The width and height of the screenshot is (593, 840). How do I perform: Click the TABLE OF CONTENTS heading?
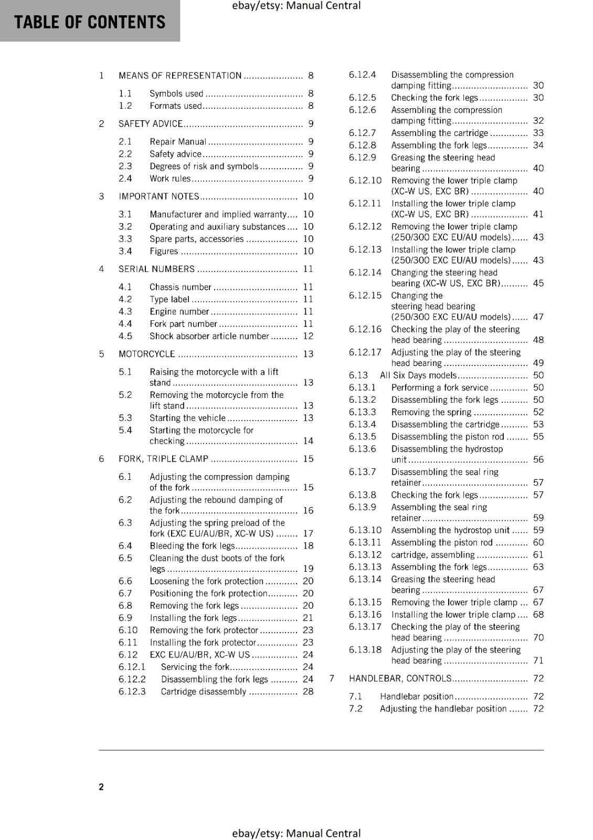pyautogui.click(x=90, y=22)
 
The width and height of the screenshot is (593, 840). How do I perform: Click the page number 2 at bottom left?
pyautogui.click(x=101, y=786)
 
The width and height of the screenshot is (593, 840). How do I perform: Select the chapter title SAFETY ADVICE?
pyautogui.click(x=151, y=124)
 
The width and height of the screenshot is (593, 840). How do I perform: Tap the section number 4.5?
pyautogui.click(x=125, y=336)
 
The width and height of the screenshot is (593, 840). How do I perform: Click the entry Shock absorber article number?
pyautogui.click(x=209, y=336)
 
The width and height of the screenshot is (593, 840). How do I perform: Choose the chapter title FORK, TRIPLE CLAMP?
pyautogui.click(x=163, y=459)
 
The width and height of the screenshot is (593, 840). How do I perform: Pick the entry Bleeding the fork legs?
pyautogui.click(x=192, y=546)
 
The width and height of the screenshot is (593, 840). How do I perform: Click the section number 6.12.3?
pyautogui.click(x=132, y=691)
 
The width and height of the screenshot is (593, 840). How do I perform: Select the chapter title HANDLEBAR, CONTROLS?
pyautogui.click(x=400, y=678)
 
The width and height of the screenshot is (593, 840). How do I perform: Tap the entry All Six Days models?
pyautogui.click(x=418, y=375)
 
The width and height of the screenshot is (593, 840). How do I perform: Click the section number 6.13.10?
pyautogui.click(x=365, y=530)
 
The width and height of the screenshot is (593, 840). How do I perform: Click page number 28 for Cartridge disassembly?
pyautogui.click(x=308, y=691)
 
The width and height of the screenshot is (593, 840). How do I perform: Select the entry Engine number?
pyautogui.click(x=179, y=311)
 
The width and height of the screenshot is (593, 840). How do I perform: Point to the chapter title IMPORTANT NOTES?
pyautogui.click(x=158, y=196)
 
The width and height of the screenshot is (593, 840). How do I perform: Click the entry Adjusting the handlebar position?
pyautogui.click(x=443, y=709)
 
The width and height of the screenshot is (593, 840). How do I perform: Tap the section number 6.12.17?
pyautogui.click(x=365, y=352)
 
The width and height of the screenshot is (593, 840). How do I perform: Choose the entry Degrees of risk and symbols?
pyautogui.click(x=204, y=166)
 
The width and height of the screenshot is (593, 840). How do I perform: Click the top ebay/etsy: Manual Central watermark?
pyautogui.click(x=296, y=6)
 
